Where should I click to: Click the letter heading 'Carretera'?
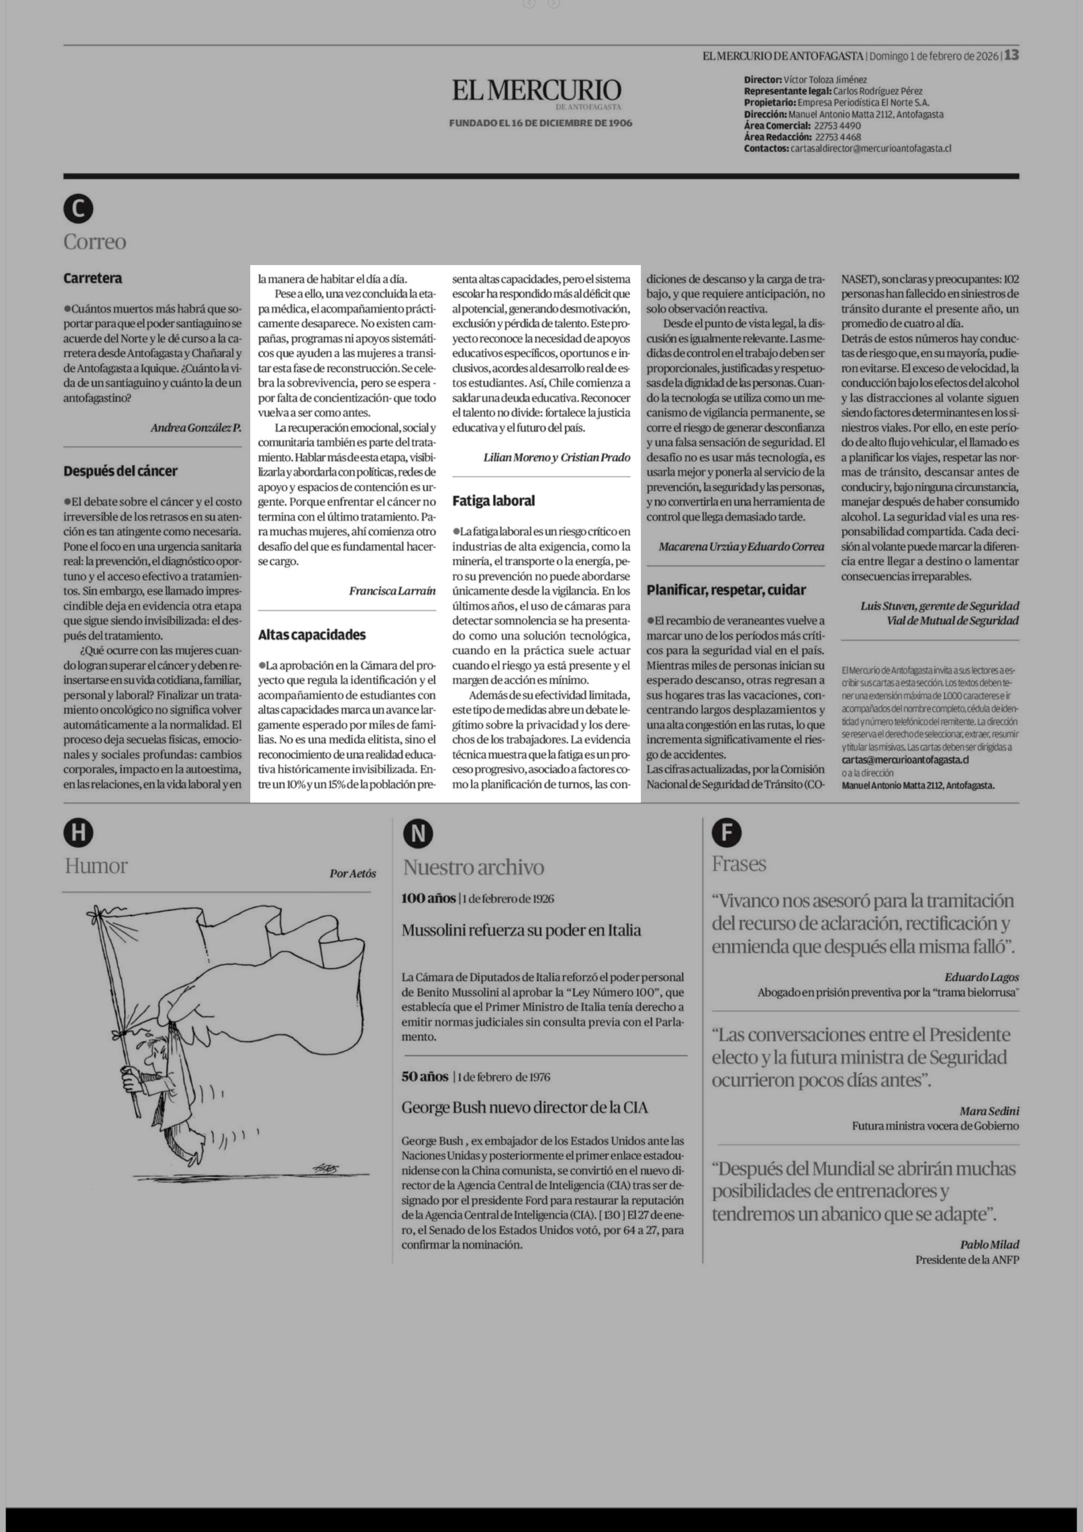[93, 278]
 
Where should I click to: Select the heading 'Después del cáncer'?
[120, 471]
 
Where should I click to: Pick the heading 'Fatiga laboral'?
[494, 500]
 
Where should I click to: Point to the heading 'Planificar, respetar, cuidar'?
[725, 590]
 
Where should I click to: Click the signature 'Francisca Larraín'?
[392, 591]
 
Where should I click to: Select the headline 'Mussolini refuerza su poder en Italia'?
[521, 930]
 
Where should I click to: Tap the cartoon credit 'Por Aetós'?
[352, 873]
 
